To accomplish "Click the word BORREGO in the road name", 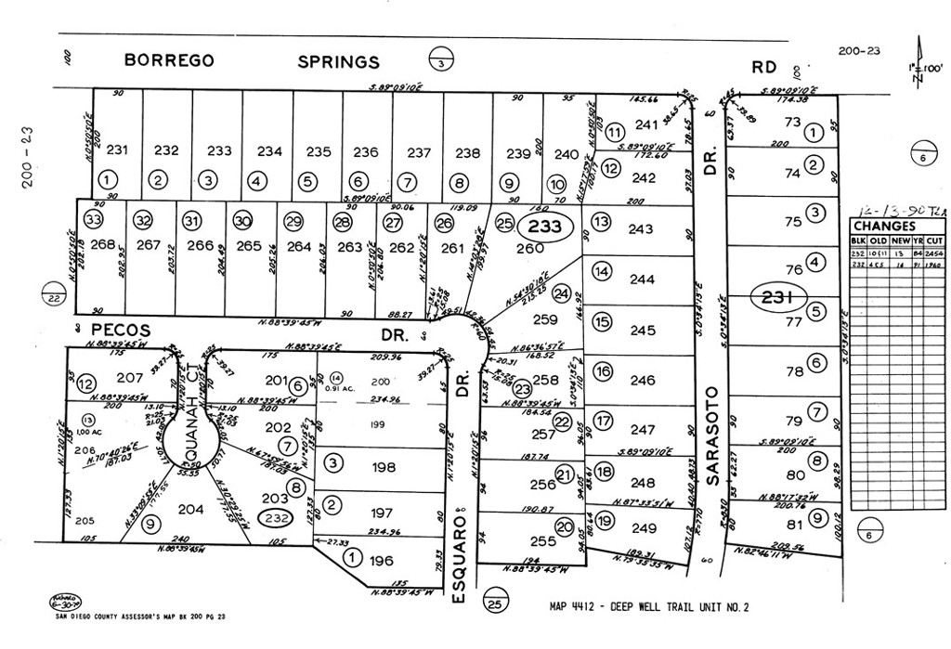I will click(x=170, y=61).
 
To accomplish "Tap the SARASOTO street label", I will click(x=716, y=423).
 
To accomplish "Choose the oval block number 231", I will click(x=777, y=298).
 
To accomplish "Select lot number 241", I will click(x=645, y=124).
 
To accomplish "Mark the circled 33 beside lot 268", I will click(x=92, y=220).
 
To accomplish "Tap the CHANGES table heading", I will click(x=884, y=226).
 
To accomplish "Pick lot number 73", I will click(x=792, y=122).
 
